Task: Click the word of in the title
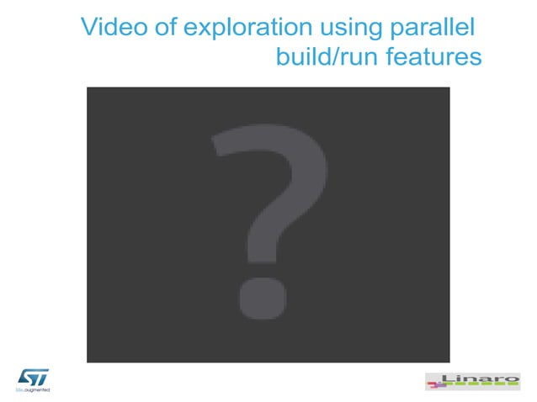pos(165,27)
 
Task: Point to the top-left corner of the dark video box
pos(88,87)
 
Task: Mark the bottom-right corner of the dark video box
pos(449,362)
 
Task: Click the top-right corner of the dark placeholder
pos(449,87)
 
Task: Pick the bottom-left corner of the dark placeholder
pos(88,362)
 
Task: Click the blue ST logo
pos(33,377)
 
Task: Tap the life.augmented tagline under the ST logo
pos(34,391)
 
